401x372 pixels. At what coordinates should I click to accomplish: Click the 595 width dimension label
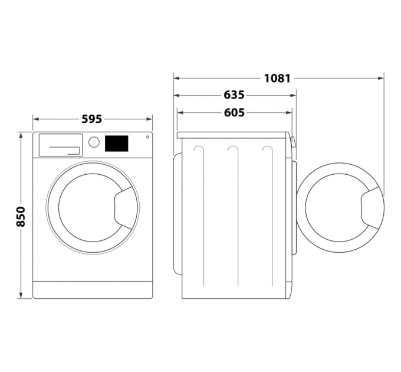tap(91, 119)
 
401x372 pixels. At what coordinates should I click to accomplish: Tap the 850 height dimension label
tap(21, 216)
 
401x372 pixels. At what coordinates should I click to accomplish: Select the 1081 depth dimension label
tap(277, 77)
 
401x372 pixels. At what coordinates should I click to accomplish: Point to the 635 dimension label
tap(234, 95)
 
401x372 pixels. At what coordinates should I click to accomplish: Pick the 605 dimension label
tap(234, 113)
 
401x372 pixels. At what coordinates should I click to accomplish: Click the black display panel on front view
tap(117, 143)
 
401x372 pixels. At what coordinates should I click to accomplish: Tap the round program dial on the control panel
tap(94, 142)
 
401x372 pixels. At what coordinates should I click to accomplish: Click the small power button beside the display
tap(147, 138)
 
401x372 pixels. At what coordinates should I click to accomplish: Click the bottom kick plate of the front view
tap(92, 289)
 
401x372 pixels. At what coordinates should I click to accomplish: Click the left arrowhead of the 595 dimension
tap(35, 119)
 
